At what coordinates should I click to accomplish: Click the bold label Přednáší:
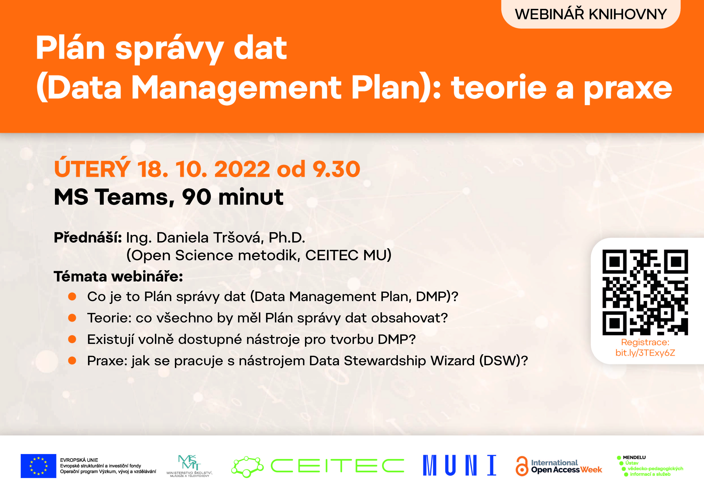[x=88, y=238]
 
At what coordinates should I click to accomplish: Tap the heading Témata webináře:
[x=118, y=276]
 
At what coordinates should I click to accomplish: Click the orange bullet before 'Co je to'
[x=72, y=297]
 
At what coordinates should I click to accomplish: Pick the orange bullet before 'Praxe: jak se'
[x=72, y=361]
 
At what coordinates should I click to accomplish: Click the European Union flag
[x=38, y=466]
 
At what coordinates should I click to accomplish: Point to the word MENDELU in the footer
[x=634, y=458]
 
